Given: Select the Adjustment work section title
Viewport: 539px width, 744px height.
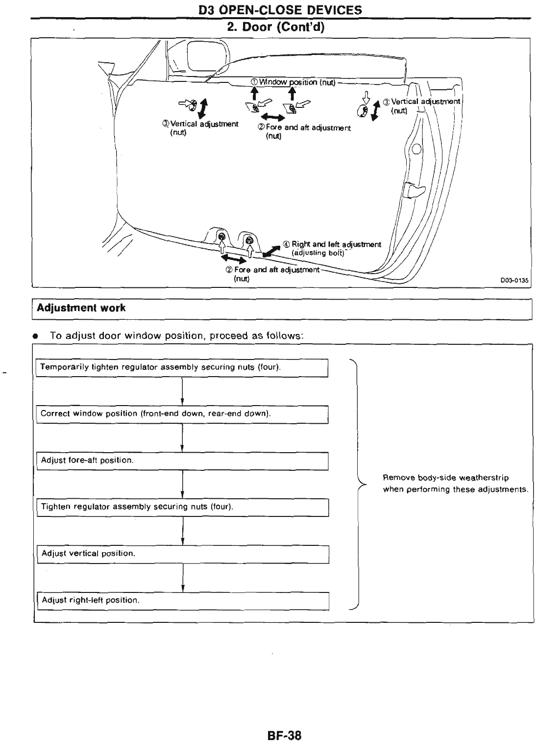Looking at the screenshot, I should point(81,308).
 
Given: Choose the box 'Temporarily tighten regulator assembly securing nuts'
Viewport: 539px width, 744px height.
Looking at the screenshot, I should point(182,367).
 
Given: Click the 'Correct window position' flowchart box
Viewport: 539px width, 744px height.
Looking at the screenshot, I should point(182,414).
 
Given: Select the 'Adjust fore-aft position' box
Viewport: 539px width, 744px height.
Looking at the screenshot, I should point(182,461).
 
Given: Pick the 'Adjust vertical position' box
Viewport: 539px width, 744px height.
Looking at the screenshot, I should point(182,554).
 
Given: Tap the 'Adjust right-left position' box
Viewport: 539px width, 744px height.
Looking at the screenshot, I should point(182,600).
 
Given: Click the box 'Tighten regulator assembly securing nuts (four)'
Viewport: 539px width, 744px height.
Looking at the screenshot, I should point(182,507).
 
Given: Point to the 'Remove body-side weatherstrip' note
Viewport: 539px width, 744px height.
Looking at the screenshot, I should point(455,484).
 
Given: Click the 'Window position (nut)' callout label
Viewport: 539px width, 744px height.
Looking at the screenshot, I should point(293,82).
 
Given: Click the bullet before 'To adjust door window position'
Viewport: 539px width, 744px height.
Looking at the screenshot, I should point(36,337).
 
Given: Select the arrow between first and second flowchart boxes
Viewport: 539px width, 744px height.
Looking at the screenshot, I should point(182,391).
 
